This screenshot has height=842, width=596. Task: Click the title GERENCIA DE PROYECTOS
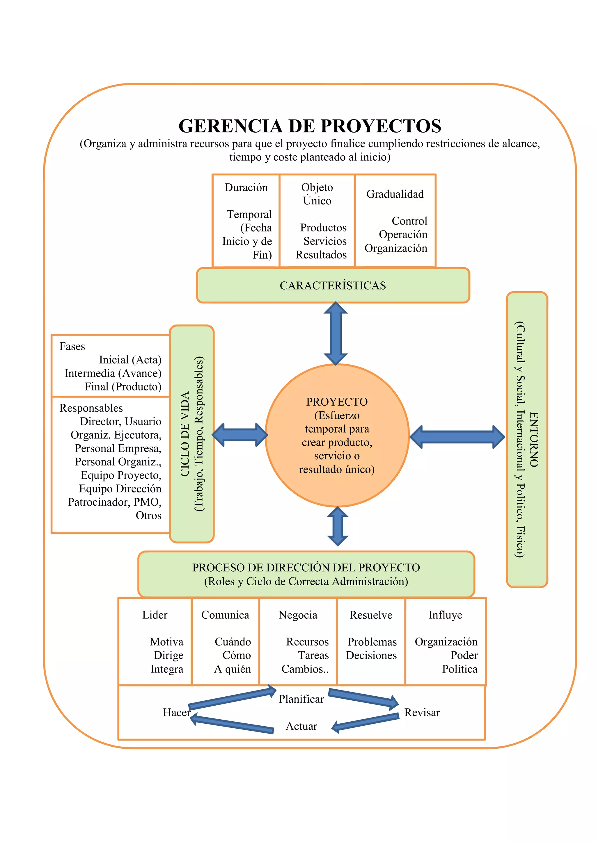pos(309,126)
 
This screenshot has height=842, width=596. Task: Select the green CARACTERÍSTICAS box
pos(333,285)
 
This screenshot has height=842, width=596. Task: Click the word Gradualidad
pos(395,194)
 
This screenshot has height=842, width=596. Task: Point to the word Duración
pos(246,188)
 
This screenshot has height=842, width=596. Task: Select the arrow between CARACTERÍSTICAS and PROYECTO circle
pos(336,333)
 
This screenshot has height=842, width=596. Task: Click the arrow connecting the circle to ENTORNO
pos(457,437)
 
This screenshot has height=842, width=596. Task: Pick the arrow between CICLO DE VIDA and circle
pos(240,435)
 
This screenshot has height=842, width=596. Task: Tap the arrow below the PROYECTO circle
pos(337,526)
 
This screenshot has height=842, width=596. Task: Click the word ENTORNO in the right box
pos(534,439)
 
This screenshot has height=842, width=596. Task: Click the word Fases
pos(72,346)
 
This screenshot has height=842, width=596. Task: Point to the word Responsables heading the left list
pos(91,408)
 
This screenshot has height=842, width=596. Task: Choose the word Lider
pos(155,615)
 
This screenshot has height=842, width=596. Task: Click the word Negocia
pos(298,615)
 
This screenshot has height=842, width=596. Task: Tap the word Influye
pos(445,615)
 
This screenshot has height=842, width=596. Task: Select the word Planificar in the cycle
pos(301,699)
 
